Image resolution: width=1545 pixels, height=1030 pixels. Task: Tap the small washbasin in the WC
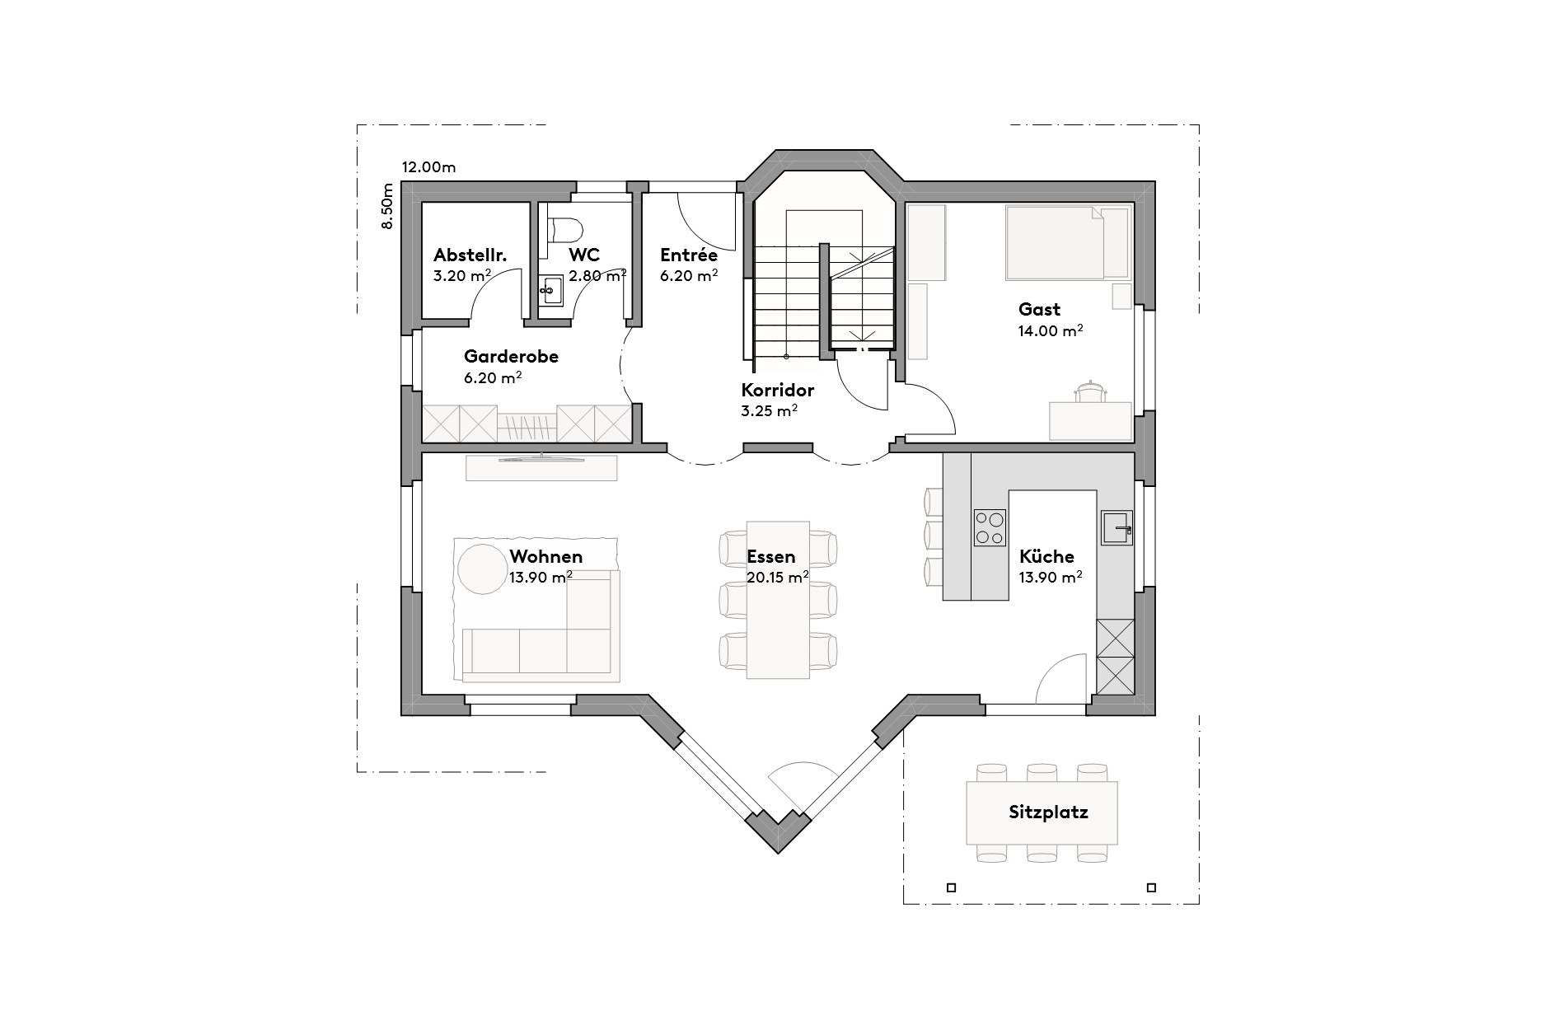point(550,290)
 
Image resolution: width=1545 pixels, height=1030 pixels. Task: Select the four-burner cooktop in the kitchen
point(990,527)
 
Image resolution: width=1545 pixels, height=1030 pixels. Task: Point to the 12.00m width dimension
point(428,167)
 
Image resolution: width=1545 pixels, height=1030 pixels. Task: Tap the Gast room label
point(1039,310)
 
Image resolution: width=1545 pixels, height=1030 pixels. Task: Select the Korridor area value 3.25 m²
point(768,410)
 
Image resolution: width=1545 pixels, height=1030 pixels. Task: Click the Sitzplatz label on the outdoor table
point(1048,812)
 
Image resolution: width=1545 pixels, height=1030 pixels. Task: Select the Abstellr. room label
point(470,255)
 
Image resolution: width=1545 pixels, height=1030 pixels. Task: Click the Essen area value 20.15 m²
point(776,577)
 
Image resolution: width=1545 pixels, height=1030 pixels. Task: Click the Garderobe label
point(511,357)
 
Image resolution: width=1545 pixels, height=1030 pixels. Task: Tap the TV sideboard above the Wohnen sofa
point(541,467)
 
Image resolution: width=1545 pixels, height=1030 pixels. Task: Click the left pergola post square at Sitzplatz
point(951,887)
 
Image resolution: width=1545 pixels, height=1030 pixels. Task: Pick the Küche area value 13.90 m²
point(1051,577)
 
